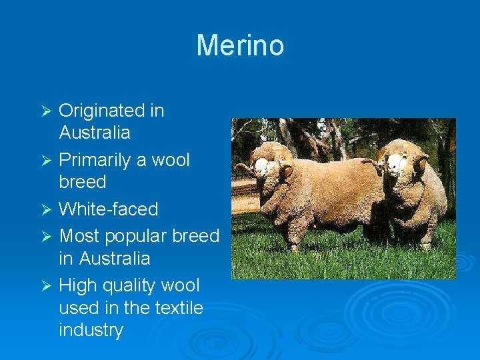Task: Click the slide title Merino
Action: point(240,45)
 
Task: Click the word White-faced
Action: point(109,209)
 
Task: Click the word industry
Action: point(91,331)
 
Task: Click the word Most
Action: point(78,236)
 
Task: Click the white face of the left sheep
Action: point(265,166)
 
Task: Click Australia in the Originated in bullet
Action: point(95,133)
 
